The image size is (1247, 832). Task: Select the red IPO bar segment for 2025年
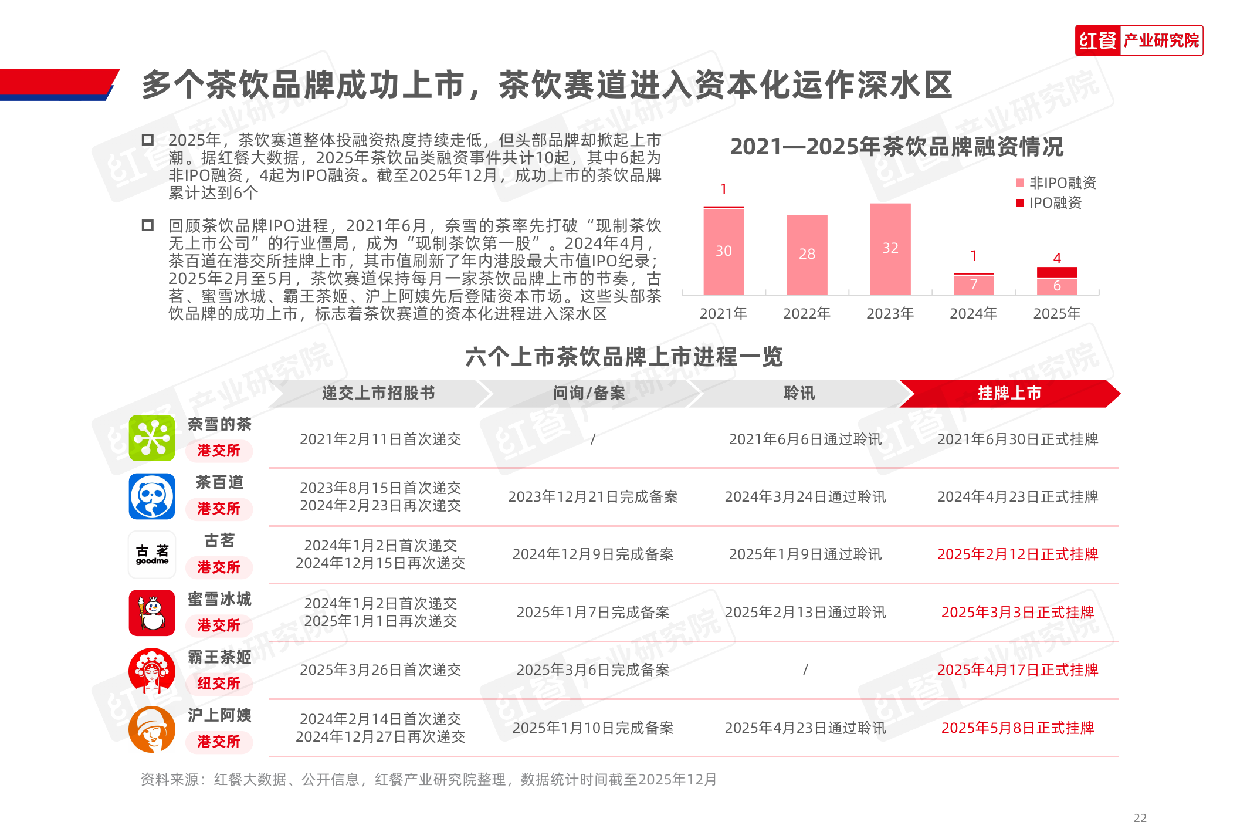(x=1057, y=272)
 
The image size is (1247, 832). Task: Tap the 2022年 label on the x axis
(x=807, y=314)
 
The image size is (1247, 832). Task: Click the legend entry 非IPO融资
(x=1056, y=183)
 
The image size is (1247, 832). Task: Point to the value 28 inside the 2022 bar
(x=807, y=254)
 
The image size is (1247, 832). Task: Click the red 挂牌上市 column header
(x=1009, y=393)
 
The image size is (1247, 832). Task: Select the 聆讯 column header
(x=799, y=393)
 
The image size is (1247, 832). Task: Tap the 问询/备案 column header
(x=589, y=393)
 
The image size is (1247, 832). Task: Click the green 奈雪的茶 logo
(x=152, y=438)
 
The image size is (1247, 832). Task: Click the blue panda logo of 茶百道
(x=152, y=496)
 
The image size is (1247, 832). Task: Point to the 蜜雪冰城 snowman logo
(x=152, y=613)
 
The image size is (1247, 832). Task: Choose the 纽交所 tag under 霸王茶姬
(x=219, y=684)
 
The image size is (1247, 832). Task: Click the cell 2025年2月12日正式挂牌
(x=1017, y=554)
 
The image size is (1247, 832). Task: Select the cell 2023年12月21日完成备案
(x=592, y=497)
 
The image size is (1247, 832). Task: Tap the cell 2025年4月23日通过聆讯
(x=805, y=728)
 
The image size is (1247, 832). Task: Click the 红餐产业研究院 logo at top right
(x=1138, y=40)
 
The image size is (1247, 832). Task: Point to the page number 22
(x=1140, y=818)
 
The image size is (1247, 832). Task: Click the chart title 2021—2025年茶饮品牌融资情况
(x=896, y=147)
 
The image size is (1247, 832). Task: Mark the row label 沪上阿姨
(x=219, y=715)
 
